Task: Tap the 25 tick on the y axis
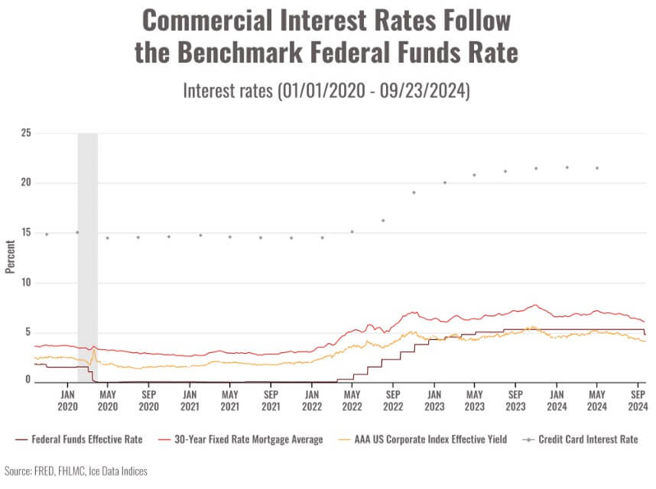pyautogui.click(x=26, y=133)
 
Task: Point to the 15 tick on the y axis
pyautogui.click(x=26, y=232)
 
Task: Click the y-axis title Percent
pyautogui.click(x=11, y=257)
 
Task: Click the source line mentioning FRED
pyautogui.click(x=76, y=471)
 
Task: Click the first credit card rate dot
pyautogui.click(x=47, y=234)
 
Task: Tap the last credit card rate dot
pyautogui.click(x=597, y=168)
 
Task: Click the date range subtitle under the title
pyautogui.click(x=326, y=91)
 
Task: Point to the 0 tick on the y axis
pyautogui.click(x=28, y=380)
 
